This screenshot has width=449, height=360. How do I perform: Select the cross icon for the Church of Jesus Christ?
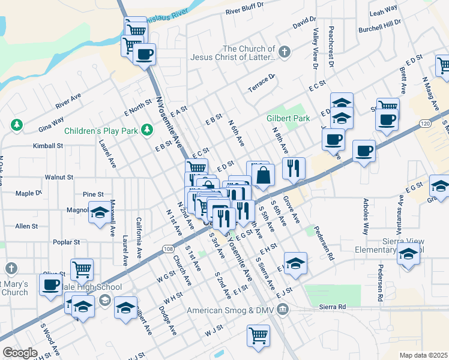coord(285,53)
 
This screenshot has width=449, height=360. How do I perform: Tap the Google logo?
coord(20,353)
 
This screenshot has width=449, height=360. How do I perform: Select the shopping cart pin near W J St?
coord(258,335)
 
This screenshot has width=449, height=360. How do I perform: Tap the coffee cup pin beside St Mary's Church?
coord(52,284)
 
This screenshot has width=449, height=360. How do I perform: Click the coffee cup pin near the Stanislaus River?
coord(144,55)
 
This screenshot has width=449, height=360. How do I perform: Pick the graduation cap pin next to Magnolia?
coord(100,212)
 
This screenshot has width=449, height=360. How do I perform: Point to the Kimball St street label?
coord(48,146)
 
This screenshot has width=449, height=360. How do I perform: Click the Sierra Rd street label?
coord(333,307)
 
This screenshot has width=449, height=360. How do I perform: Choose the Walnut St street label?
coord(59,178)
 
